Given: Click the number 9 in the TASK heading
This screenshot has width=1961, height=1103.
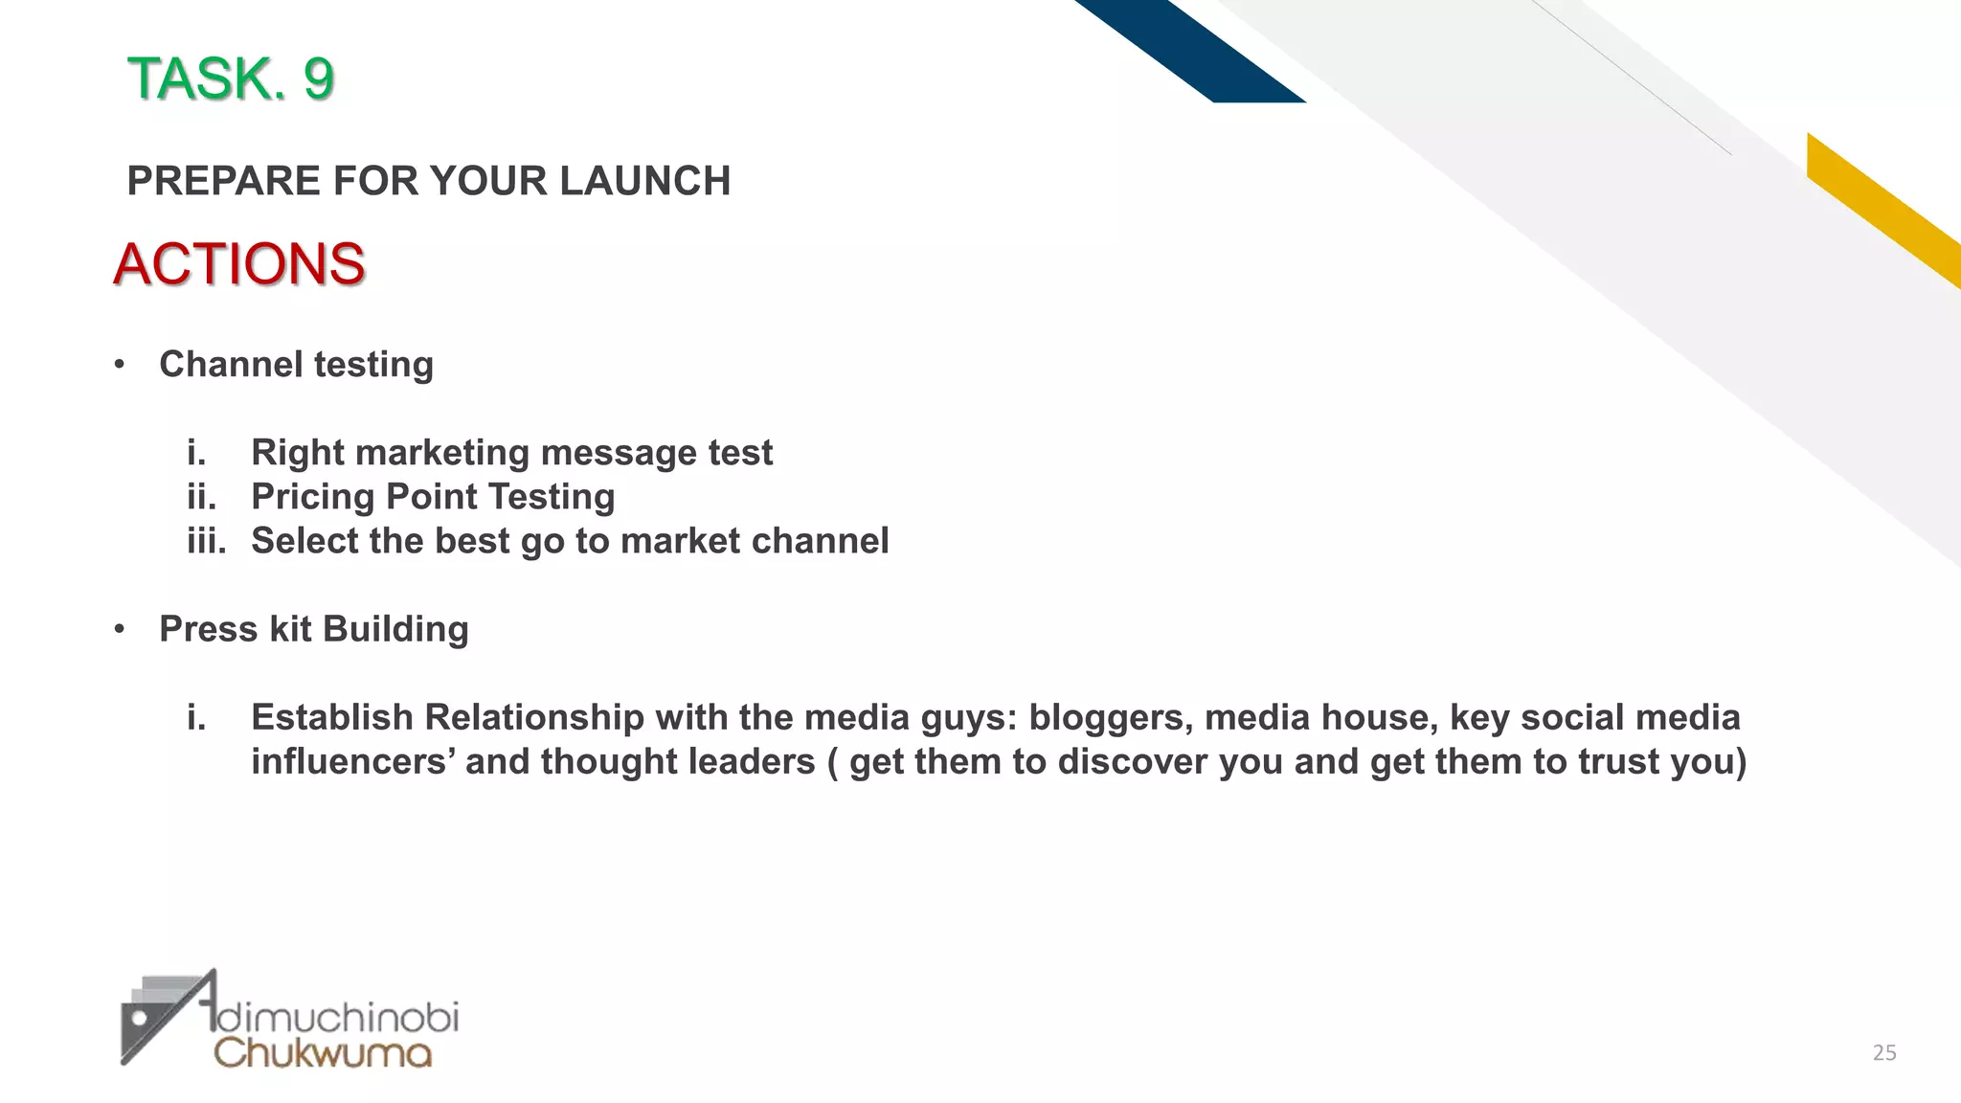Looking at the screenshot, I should pyautogui.click(x=318, y=79).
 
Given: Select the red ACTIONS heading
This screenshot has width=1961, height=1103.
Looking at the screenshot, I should pyautogui.click(x=238, y=264).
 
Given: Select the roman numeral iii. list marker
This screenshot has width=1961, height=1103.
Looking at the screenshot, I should pyautogui.click(x=206, y=541).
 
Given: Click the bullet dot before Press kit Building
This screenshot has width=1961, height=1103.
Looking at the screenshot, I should pyautogui.click(x=120, y=630).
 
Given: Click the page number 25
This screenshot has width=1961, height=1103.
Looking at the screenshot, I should pyautogui.click(x=1883, y=1053).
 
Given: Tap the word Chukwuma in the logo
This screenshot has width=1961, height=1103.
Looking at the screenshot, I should pyautogui.click(x=323, y=1053).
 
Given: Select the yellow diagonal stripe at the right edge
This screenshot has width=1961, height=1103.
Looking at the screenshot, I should pyautogui.click(x=1886, y=211).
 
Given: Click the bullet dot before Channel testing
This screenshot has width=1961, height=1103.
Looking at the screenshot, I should pyautogui.click(x=120, y=366).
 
